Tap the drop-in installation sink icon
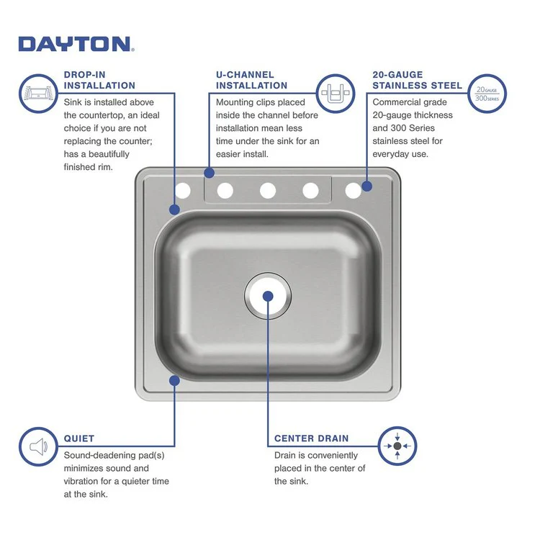coord(39,93)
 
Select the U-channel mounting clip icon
coord(336,93)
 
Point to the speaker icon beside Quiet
coord(39,447)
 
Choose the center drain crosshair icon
coord(397,446)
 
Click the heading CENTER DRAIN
coord(311,438)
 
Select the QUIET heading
coord(78,438)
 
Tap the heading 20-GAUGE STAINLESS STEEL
coord(417,79)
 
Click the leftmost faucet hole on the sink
coord(183,190)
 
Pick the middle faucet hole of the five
coord(268,190)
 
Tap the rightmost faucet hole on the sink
coord(353,190)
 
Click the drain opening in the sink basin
coord(268,296)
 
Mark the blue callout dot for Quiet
coord(174,379)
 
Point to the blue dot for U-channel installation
coord(209,173)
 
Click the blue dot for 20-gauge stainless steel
coord(366,186)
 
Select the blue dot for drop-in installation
coord(174,210)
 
